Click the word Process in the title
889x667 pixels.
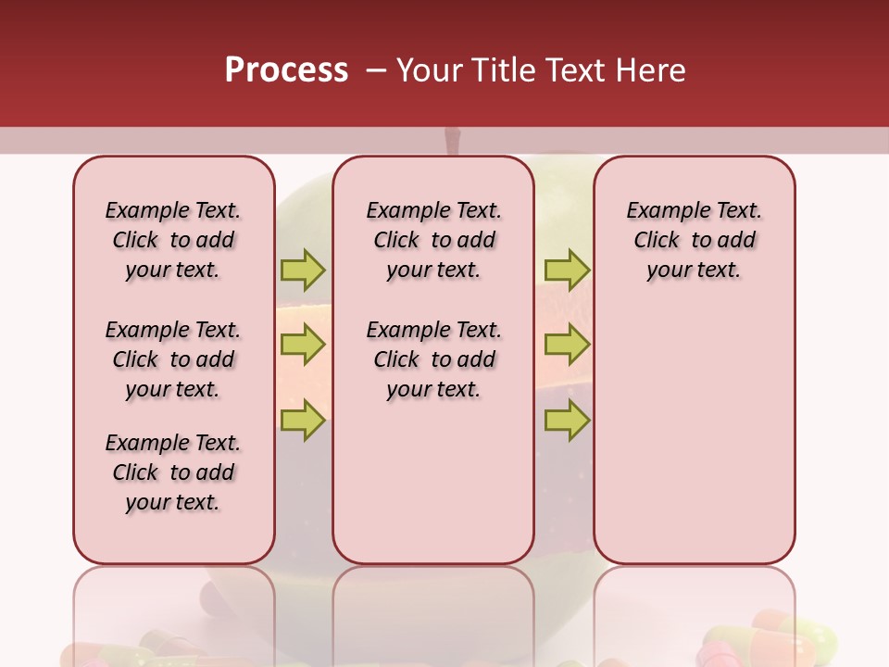[x=286, y=70]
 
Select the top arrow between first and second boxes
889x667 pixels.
[x=303, y=270]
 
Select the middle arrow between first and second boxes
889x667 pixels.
[x=303, y=346]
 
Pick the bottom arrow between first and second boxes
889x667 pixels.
[x=303, y=421]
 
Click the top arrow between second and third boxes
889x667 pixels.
[x=567, y=270]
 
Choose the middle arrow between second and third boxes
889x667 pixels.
[x=567, y=346]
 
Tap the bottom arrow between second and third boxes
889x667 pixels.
[x=567, y=421]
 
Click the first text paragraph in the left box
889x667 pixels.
[x=173, y=240]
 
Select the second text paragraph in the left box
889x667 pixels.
[x=173, y=359]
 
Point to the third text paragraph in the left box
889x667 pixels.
[x=173, y=472]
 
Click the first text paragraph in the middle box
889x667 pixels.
[x=433, y=240]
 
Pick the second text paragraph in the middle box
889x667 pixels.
[x=433, y=359]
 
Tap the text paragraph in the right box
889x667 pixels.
[x=694, y=240]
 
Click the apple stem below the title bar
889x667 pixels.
[x=452, y=141]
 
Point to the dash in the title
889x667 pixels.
[x=377, y=71]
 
